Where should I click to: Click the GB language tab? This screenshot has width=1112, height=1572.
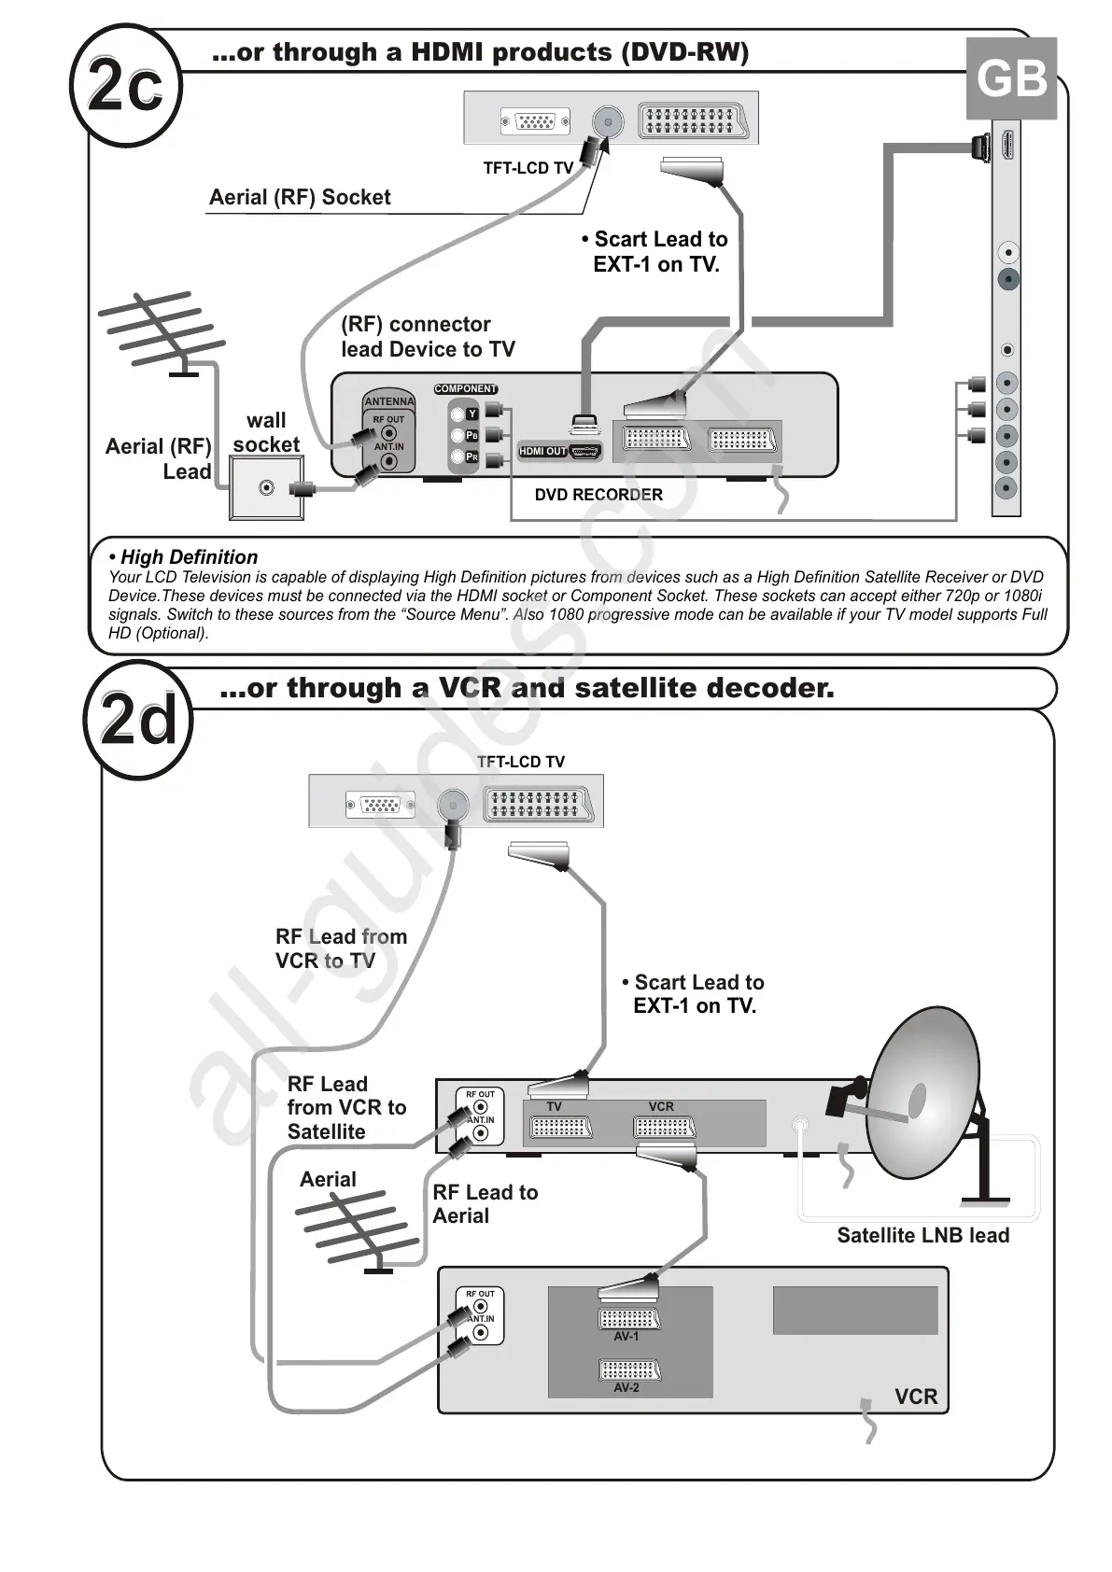tap(1011, 78)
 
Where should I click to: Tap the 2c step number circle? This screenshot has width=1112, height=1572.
tap(126, 86)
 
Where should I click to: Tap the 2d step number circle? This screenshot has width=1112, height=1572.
tap(138, 720)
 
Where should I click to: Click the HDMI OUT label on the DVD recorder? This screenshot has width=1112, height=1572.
tap(542, 452)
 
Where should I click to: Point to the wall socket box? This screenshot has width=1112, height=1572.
tap(266, 488)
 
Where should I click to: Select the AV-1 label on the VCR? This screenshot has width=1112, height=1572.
tap(626, 1337)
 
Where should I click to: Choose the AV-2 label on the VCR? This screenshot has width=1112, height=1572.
tap(626, 1388)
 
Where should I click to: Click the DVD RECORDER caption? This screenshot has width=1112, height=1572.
tap(598, 495)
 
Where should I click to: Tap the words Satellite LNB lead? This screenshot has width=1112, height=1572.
tap(922, 1236)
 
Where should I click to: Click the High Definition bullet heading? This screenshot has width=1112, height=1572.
tap(184, 557)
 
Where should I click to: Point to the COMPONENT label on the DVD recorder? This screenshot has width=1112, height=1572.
tap(466, 389)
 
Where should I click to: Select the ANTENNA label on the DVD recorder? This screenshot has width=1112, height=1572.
tap(388, 401)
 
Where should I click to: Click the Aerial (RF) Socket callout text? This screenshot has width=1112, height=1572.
tap(300, 197)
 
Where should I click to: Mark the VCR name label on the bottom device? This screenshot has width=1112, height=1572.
tap(915, 1397)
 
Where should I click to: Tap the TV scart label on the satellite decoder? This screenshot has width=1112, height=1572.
tap(554, 1107)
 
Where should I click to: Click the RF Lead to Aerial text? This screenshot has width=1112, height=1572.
tap(485, 1204)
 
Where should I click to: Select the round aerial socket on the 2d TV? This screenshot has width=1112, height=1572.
tap(453, 805)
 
